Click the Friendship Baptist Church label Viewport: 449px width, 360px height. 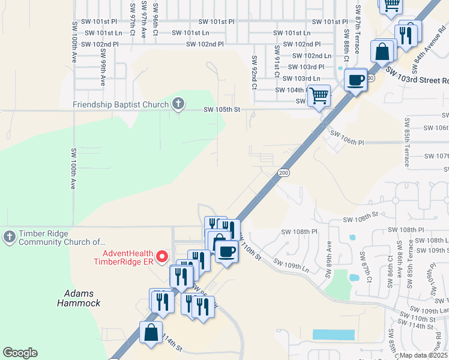(x=121, y=104)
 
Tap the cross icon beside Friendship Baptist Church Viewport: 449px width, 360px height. (x=178, y=104)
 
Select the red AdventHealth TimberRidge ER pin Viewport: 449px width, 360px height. (x=161, y=257)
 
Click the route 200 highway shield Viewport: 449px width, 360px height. (x=284, y=173)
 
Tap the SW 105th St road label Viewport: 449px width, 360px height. (x=221, y=109)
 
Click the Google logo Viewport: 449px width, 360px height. (x=20, y=353)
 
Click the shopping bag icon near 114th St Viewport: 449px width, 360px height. (x=151, y=331)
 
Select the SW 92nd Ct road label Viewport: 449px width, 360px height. (x=255, y=73)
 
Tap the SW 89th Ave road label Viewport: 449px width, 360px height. (x=329, y=256)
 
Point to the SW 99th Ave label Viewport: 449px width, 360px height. (x=103, y=71)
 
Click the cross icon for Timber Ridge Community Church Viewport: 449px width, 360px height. (x=9, y=237)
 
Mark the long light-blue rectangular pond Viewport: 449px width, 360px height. (x=333, y=334)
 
